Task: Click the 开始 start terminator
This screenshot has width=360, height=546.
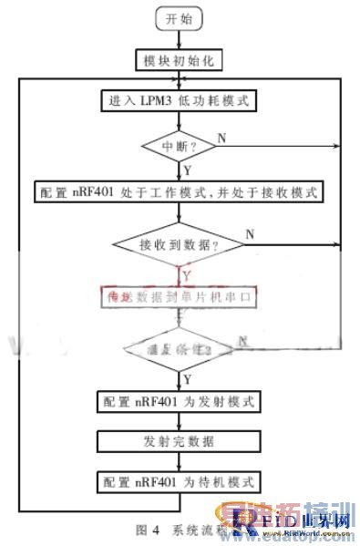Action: [x=179, y=19]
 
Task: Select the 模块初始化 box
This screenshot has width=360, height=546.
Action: [x=179, y=61]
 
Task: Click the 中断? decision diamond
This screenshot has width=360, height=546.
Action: [x=179, y=146]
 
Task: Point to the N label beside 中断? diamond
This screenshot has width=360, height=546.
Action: [x=221, y=138]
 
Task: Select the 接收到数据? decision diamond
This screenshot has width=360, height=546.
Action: [x=179, y=244]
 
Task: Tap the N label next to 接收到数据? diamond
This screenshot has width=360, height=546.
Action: [x=251, y=235]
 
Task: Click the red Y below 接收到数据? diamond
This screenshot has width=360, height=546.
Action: [x=187, y=273]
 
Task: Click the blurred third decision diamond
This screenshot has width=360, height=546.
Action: [x=179, y=349]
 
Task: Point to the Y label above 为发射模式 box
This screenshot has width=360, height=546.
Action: [x=187, y=378]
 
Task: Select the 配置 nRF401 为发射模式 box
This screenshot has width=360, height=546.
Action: [x=179, y=401]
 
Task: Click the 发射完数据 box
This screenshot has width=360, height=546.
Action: [x=179, y=441]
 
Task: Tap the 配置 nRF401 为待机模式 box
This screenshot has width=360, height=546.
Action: [x=179, y=481]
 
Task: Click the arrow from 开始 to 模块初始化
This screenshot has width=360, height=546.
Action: [x=179, y=40]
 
